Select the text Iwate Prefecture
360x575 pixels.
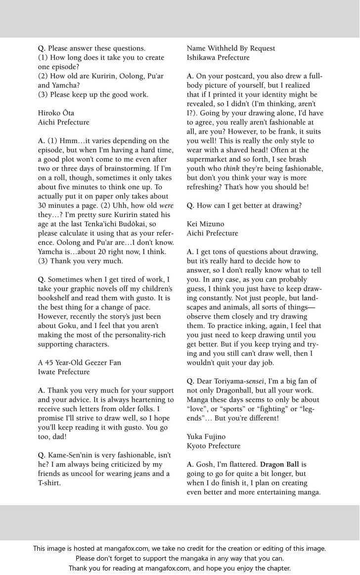click(x=64, y=372)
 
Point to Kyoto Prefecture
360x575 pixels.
click(x=213, y=446)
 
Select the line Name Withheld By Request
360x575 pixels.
click(x=231, y=48)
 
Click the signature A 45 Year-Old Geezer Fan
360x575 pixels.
click(x=79, y=363)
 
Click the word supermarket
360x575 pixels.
click(x=208, y=159)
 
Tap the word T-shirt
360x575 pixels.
click(x=49, y=483)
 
